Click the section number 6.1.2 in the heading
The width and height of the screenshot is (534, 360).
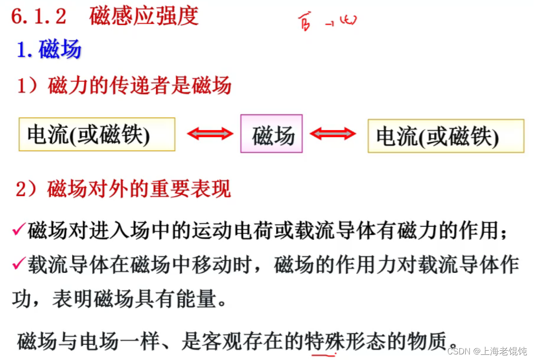tap(39, 17)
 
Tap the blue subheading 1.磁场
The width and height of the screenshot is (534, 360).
tap(49, 49)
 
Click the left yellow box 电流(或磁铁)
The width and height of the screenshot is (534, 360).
tap(97, 134)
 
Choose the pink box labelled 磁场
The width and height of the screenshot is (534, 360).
tap(271, 134)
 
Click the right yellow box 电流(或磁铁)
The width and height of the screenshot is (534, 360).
tap(446, 136)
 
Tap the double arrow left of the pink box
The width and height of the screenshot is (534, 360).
tap(210, 134)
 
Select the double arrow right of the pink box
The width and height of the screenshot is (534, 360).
tap(332, 134)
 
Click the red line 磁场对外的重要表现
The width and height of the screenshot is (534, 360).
tap(124, 190)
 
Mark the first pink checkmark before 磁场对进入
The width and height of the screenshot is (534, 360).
tap(19, 230)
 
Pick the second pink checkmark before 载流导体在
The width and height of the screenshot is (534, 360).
tap(19, 264)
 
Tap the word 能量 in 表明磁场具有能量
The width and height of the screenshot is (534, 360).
tap(197, 300)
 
